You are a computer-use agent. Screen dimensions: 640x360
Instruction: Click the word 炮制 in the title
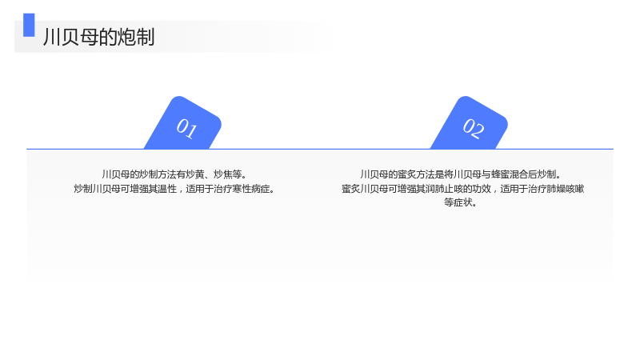click(136, 37)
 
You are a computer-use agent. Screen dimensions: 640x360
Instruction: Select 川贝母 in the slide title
click(70, 37)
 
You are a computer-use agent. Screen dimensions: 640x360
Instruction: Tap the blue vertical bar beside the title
click(29, 25)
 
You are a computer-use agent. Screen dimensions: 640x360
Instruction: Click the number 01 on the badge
click(187, 128)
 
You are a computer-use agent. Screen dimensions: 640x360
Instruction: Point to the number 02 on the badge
click(474, 128)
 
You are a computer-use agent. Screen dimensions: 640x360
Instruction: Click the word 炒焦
click(223, 174)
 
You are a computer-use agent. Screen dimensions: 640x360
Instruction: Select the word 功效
click(482, 189)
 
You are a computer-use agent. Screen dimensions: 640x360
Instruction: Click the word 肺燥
click(556, 189)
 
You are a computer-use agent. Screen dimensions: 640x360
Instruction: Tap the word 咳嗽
click(575, 189)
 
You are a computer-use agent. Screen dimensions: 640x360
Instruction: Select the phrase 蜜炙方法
click(416, 174)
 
